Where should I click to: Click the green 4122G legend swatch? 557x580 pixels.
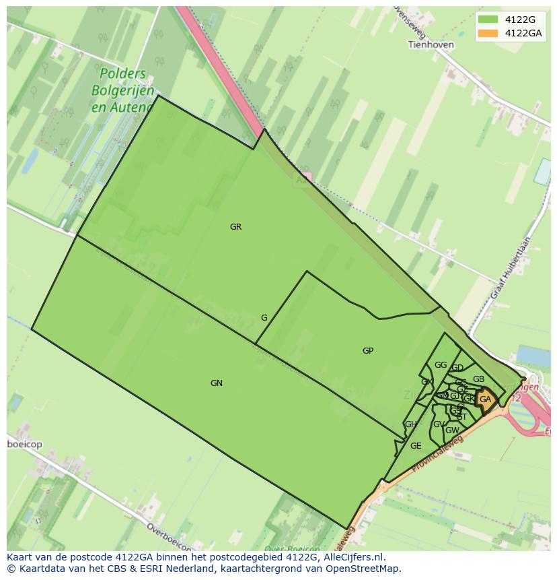click(488, 20)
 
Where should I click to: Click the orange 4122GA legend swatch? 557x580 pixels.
click(488, 33)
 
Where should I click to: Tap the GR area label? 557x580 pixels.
click(235, 227)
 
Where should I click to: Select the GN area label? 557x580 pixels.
click(216, 383)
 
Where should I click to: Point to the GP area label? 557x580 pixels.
click(368, 351)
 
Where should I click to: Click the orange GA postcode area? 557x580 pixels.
click(486, 399)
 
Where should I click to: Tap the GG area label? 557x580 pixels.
click(441, 365)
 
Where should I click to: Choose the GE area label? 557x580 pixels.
click(416, 446)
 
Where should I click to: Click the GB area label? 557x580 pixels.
click(478, 379)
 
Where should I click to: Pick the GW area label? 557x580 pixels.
click(452, 430)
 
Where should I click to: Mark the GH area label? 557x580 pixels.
click(410, 424)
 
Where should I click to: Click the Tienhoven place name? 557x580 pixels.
click(431, 44)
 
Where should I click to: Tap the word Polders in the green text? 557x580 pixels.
click(122, 73)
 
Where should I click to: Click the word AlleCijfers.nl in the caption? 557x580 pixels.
click(351, 557)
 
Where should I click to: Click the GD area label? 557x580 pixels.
click(457, 368)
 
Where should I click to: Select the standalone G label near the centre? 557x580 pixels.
click(264, 318)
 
